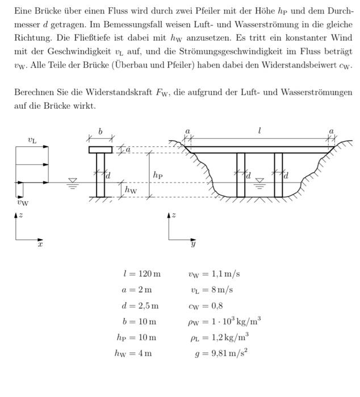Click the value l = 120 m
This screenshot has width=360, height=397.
point(142,274)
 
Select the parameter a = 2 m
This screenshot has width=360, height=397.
point(137,290)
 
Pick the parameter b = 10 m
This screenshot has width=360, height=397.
point(139,322)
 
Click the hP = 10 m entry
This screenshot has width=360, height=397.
point(136,337)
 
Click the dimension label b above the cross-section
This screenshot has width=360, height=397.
point(101,132)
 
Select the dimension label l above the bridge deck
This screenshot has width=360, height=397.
point(259,131)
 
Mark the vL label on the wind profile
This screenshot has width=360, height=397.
point(32,140)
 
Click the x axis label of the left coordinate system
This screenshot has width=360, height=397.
point(40,244)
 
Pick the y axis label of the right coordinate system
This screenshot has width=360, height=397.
point(193,244)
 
